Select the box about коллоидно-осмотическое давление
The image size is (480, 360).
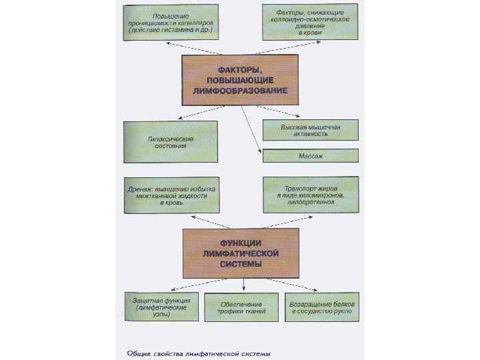pos(310,22)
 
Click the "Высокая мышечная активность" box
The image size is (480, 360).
pos(310,129)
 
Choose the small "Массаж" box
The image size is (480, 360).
pos(311,156)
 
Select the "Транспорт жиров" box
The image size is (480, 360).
pos(310,195)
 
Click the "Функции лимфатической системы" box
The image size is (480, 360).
pos(241,253)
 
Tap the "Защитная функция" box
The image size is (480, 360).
pos(159,307)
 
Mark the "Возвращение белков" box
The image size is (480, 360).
pos(322,307)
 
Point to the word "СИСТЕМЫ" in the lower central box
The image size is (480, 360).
pos(241,263)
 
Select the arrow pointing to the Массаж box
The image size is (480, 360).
pos(251,130)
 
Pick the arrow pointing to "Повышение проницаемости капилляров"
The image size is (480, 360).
pos(175,46)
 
